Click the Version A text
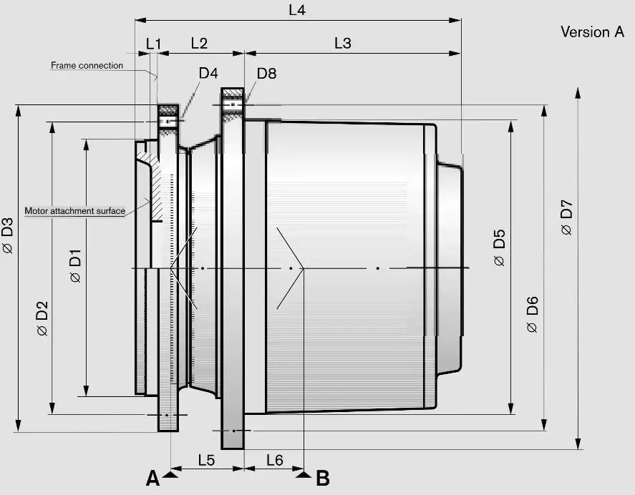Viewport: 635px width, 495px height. (x=592, y=32)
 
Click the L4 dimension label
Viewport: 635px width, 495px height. (x=299, y=10)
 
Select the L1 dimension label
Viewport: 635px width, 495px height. (x=153, y=43)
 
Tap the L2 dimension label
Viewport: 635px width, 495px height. (x=199, y=43)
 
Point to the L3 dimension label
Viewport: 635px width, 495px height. (x=343, y=43)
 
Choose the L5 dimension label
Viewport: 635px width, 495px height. (x=205, y=460)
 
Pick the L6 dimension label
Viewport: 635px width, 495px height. (x=274, y=460)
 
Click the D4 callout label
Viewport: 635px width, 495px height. (x=208, y=72)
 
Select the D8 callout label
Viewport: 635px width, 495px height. (x=266, y=72)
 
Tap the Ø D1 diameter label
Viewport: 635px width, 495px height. (x=76, y=266)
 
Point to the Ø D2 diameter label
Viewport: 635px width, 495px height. (x=42, y=319)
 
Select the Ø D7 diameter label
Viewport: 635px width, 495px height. (x=566, y=217)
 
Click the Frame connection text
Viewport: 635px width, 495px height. (x=87, y=65)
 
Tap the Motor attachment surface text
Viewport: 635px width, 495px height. (x=75, y=211)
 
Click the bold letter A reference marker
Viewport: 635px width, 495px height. (x=152, y=478)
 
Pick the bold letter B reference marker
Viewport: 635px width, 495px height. (x=323, y=477)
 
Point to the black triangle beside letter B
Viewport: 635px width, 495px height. (x=304, y=474)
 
